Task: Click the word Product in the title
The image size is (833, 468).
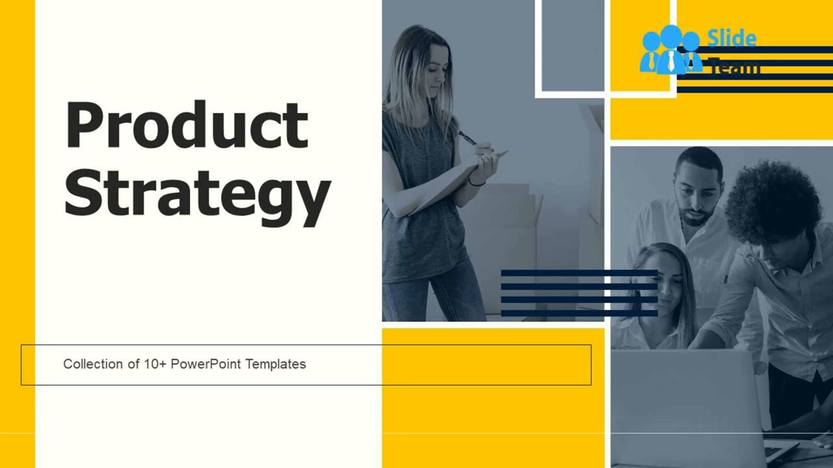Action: click(187, 125)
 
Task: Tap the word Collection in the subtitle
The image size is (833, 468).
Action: click(93, 364)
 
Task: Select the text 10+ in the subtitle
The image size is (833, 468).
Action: click(155, 364)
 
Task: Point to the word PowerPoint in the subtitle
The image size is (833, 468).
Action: click(206, 364)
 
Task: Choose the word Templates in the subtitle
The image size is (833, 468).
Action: click(275, 364)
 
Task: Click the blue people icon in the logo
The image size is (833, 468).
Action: click(670, 50)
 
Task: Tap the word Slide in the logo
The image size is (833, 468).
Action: click(731, 39)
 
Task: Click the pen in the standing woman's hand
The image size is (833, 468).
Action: click(468, 138)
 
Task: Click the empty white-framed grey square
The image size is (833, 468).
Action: click(572, 44)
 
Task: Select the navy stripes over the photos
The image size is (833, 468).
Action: click(579, 292)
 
